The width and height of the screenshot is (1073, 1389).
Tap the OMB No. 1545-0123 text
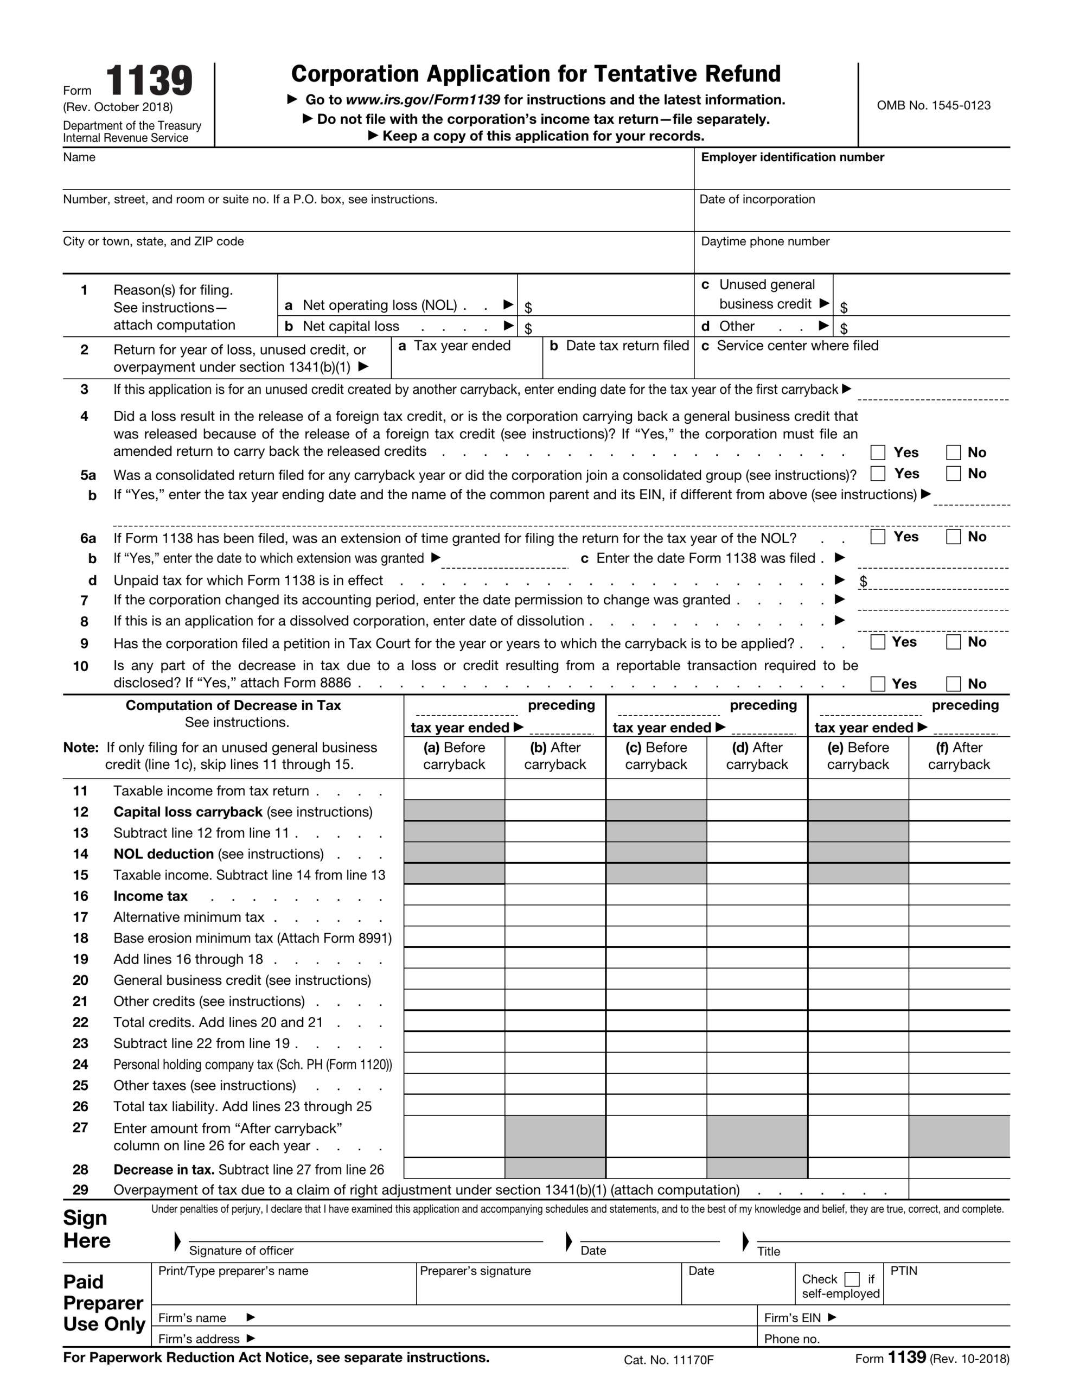pyautogui.click(x=933, y=106)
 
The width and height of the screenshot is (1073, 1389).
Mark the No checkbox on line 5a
pyautogui.click(x=953, y=473)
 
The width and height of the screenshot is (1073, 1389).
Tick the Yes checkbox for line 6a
pyautogui.click(x=878, y=537)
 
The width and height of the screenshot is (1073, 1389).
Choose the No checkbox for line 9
pyautogui.click(x=953, y=642)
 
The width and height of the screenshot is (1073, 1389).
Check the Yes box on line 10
pyautogui.click(x=878, y=684)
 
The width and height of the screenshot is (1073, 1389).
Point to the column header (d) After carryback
pyautogui.click(x=757, y=756)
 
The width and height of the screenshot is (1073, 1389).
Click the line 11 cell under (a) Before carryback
pyautogui.click(x=454, y=790)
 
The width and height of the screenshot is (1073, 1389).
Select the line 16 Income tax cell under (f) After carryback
pyautogui.click(x=959, y=895)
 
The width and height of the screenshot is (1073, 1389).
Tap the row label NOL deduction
pyautogui.click(x=163, y=853)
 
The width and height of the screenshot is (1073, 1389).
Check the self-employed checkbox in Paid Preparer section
pyautogui.click(x=852, y=1279)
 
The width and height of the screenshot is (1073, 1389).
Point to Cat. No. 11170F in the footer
pyautogui.click(x=668, y=1360)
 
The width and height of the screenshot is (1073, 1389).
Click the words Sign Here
pyautogui.click(x=87, y=1229)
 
